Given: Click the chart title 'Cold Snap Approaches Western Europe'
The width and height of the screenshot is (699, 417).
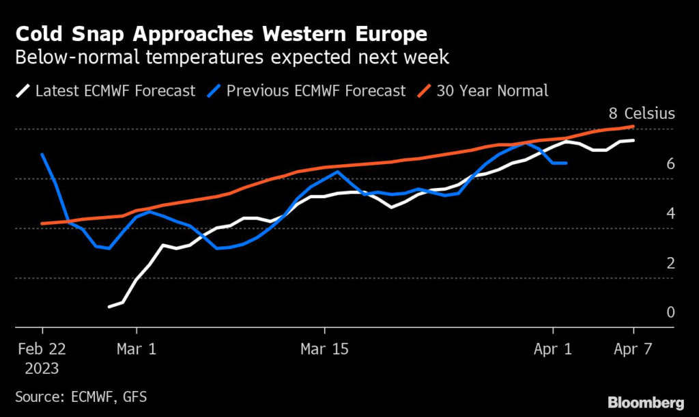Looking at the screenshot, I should pyautogui.click(x=223, y=33).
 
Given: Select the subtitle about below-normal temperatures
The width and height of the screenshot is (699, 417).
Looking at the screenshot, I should pyautogui.click(x=232, y=57).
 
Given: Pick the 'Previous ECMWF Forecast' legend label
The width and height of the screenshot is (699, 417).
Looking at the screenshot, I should pyautogui.click(x=316, y=90).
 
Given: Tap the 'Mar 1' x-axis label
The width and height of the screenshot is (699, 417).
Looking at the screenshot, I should pyautogui.click(x=137, y=349).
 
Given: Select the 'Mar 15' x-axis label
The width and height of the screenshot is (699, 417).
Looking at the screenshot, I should pyautogui.click(x=324, y=349).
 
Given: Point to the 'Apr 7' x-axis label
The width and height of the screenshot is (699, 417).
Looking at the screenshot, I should pyautogui.click(x=633, y=349).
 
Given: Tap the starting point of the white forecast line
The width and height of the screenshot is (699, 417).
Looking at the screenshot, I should pyautogui.click(x=110, y=307).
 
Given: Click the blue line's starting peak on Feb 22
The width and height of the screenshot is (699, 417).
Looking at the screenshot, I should pyautogui.click(x=42, y=154).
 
